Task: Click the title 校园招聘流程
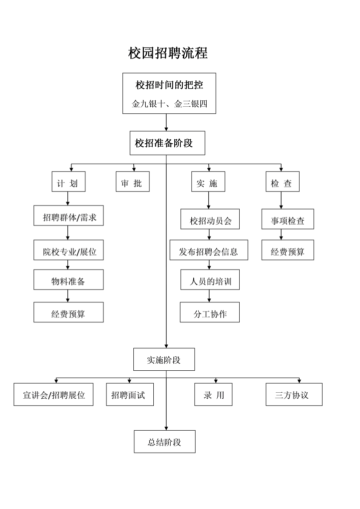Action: coord(168,53)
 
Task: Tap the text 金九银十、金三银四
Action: coord(169,104)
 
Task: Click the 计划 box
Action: coord(68,183)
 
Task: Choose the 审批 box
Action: coord(132,183)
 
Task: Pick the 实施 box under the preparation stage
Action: coord(208,183)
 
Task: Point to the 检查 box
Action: coord(282,183)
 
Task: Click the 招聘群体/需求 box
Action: coord(69,218)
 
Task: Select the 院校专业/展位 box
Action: coord(69,252)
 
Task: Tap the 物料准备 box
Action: coord(68,281)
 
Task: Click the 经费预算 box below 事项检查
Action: coord(288,251)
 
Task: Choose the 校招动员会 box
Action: coord(210,220)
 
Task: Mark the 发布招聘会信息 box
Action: coord(209,251)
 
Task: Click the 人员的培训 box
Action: coord(210,281)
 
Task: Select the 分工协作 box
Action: coord(210,313)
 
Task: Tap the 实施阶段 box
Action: coord(164,359)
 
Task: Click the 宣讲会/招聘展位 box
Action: coord(53,395)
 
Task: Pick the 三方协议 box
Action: coord(294,395)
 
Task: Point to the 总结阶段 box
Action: coord(164,442)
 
